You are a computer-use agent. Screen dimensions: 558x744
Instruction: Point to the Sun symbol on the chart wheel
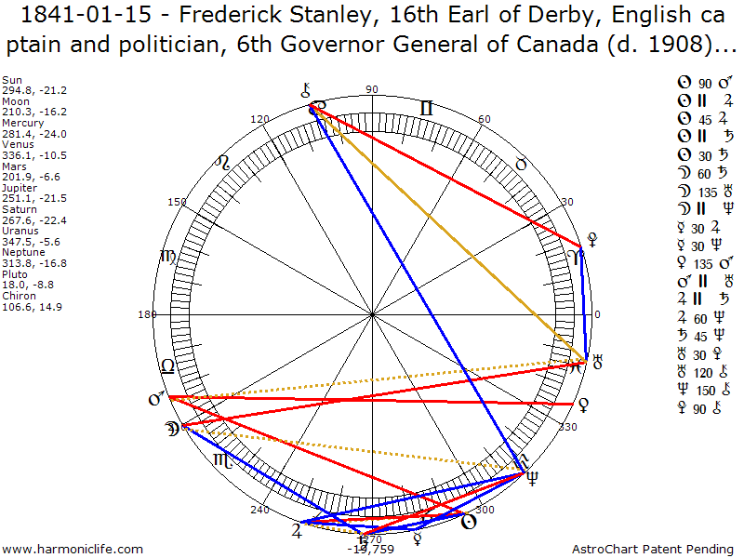pyautogui.click(x=470, y=522)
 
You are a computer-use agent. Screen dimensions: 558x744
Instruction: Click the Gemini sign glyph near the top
pyautogui.click(x=426, y=109)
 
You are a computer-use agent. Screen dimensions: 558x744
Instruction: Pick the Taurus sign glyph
pyautogui.click(x=521, y=164)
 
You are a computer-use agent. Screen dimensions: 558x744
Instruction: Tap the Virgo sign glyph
pyautogui.click(x=167, y=256)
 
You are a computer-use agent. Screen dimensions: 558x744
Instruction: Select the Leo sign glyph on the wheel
pyautogui.click(x=222, y=163)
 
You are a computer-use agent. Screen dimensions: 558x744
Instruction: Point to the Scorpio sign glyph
pyautogui.click(x=221, y=461)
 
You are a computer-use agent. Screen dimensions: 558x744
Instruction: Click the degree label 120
pyautogui.click(x=260, y=119)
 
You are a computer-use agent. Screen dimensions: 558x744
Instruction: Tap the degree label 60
pyautogui.click(x=484, y=119)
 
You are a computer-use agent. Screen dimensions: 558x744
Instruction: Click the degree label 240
pyautogui.click(x=259, y=510)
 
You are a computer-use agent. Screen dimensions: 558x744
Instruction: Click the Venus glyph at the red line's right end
pyautogui.click(x=583, y=404)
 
